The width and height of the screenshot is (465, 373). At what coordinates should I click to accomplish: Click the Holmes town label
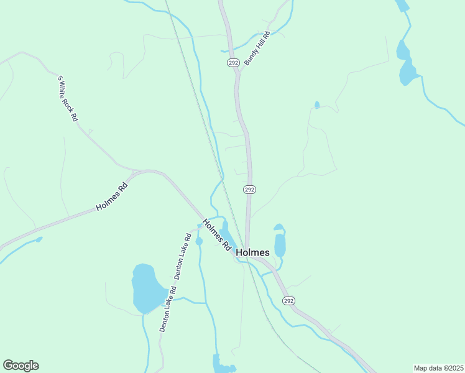253,253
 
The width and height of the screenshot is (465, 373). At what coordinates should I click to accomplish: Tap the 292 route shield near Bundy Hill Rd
233,63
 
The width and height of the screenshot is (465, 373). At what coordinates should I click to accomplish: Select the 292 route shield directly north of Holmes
249,189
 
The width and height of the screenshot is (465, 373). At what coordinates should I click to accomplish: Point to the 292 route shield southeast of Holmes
288,300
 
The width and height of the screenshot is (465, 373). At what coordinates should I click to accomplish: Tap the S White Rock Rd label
68,98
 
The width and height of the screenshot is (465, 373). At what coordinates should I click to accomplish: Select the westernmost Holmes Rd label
112,197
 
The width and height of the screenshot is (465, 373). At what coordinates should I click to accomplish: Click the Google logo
21,366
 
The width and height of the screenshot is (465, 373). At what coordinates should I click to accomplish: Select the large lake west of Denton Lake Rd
147,288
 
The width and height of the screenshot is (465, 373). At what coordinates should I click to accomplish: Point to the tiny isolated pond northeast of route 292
317,104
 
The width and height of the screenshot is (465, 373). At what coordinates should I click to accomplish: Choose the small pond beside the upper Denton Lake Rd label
199,241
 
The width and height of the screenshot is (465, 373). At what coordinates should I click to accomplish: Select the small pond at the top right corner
402,5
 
